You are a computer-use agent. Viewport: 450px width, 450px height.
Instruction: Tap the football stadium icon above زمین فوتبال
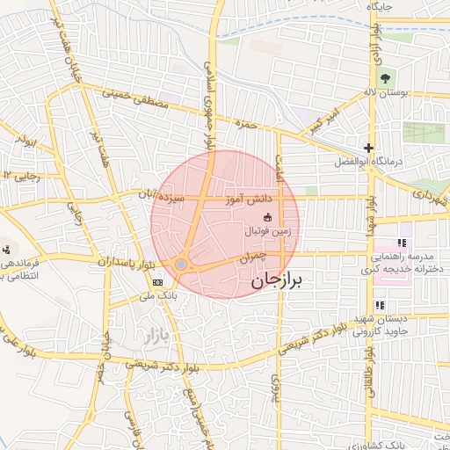(x=268, y=217)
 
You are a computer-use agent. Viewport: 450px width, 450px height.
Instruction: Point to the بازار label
(x=153, y=335)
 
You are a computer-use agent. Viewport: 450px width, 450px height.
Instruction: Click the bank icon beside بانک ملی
(x=157, y=282)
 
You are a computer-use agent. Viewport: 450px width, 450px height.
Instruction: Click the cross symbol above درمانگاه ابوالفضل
(x=368, y=148)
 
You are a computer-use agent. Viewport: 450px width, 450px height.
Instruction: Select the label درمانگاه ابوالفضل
(x=362, y=163)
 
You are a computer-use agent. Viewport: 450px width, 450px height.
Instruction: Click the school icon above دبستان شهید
(x=380, y=305)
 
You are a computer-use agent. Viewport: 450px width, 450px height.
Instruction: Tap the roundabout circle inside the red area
(x=181, y=264)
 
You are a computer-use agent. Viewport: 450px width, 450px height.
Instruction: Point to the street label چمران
(x=252, y=257)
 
